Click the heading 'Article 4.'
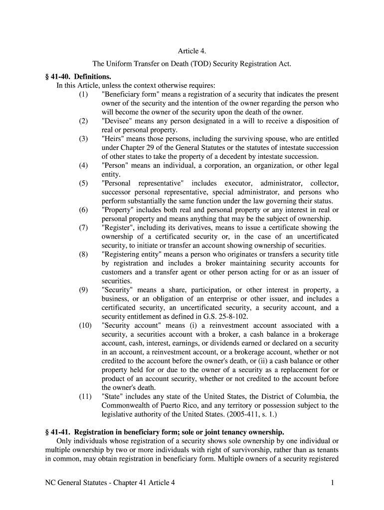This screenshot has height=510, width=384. point(192,51)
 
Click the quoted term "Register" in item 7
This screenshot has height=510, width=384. point(119,228)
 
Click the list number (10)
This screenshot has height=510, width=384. point(84,325)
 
